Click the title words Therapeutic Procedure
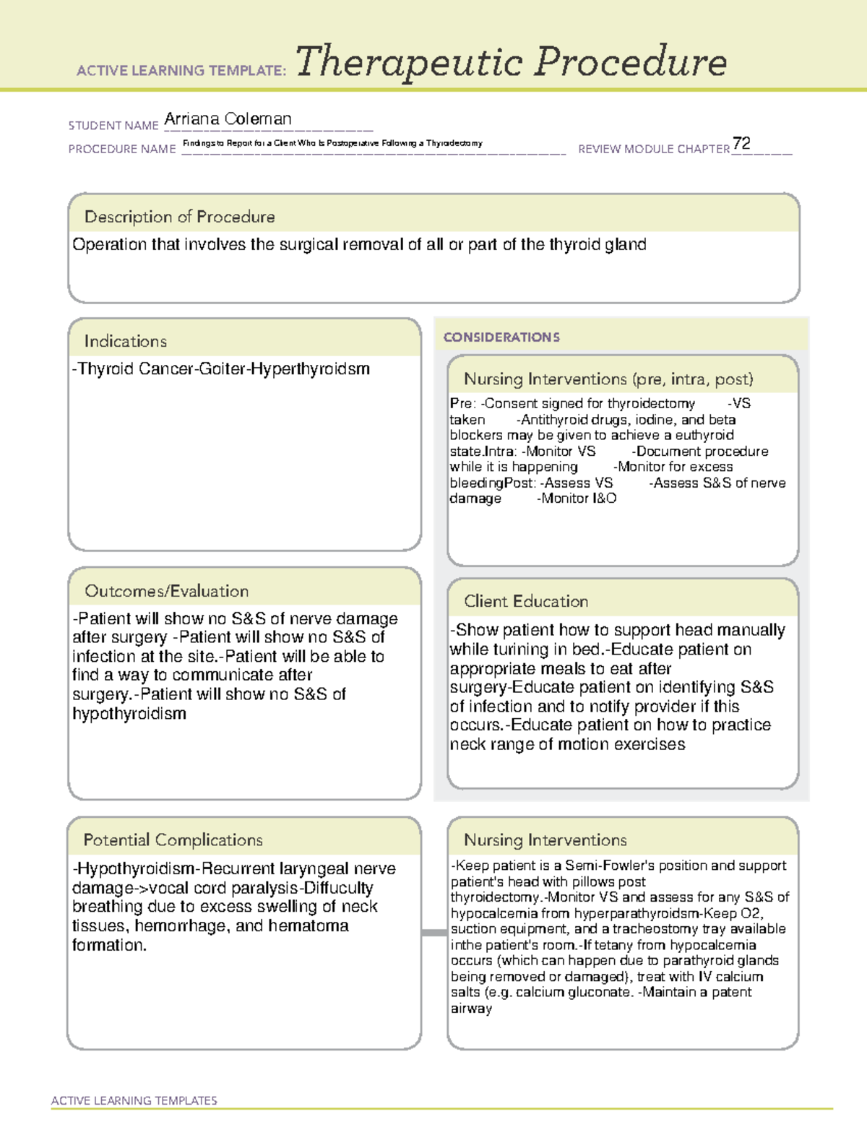tap(511, 62)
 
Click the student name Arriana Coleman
tap(228, 119)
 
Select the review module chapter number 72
tap(741, 143)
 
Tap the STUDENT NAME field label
tap(113, 126)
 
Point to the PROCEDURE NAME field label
tap(122, 150)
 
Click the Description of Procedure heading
tap(179, 217)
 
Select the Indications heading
tap(125, 341)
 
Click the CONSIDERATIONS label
tap(501, 337)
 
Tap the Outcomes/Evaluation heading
tap(166, 591)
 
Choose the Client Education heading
tap(526, 601)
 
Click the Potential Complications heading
tap(173, 840)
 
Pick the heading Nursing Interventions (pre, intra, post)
tap(608, 379)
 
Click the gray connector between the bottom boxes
tap(433, 933)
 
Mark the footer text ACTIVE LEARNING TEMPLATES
tap(134, 1100)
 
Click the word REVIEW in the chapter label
tap(598, 150)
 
